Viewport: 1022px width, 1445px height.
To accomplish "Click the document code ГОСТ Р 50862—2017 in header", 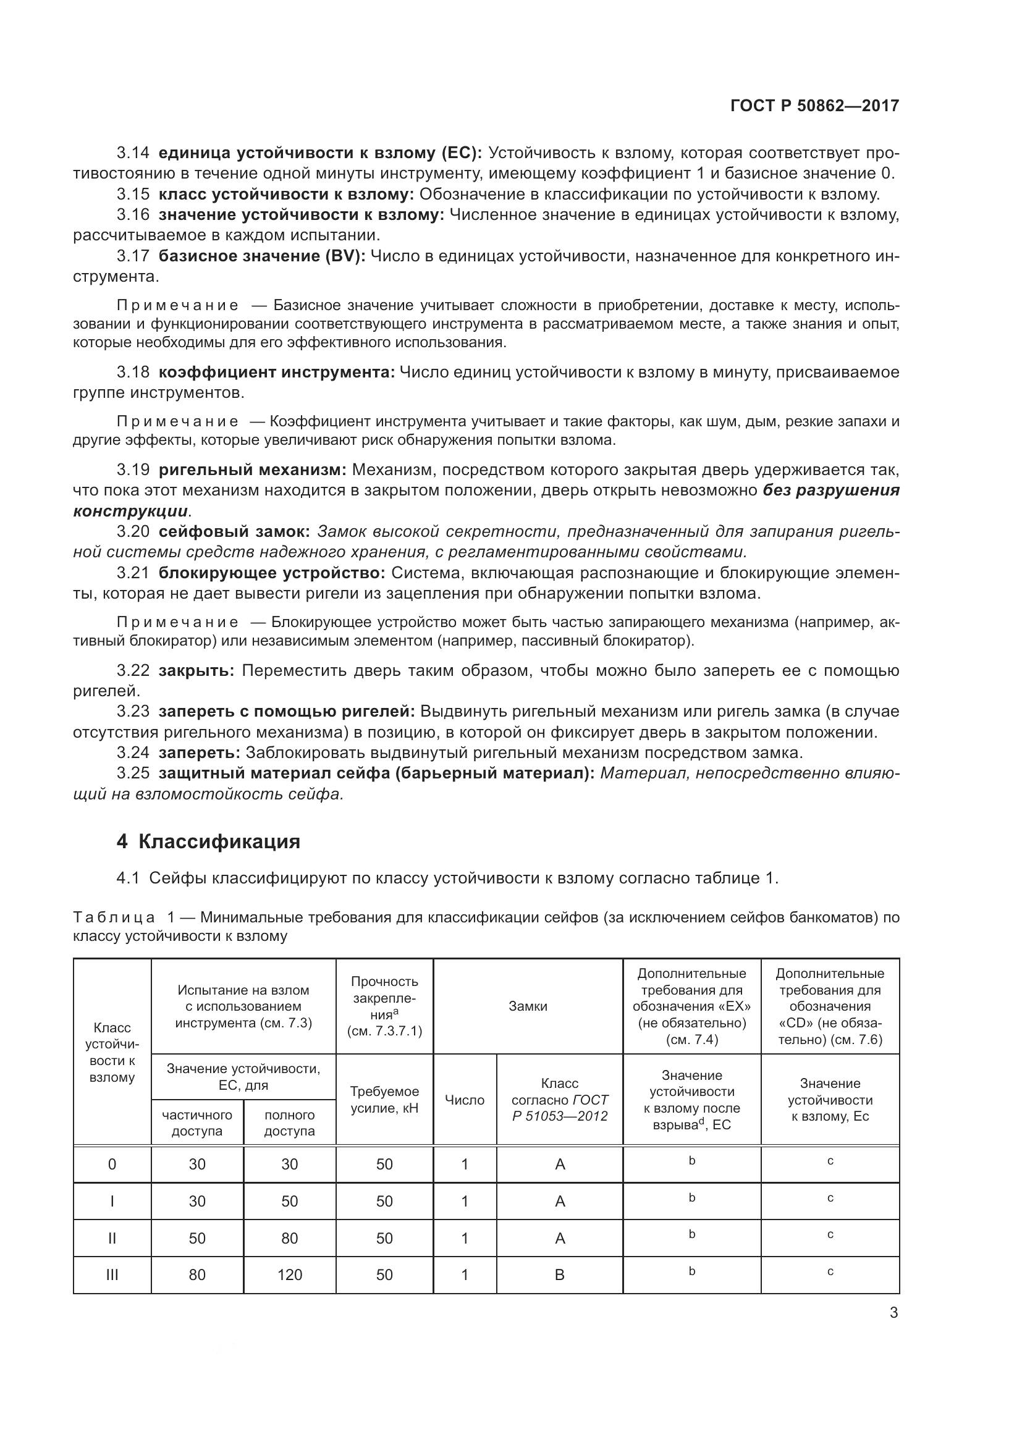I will point(814,106).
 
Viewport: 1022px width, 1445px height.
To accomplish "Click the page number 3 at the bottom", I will point(893,1313).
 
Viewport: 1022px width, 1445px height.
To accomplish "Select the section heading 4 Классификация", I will point(208,841).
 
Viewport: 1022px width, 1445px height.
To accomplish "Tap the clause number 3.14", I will point(133,153).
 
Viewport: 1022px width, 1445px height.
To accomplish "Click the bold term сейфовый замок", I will point(234,532).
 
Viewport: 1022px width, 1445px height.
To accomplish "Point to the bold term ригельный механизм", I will point(252,470).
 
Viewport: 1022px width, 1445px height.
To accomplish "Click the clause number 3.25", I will point(133,773).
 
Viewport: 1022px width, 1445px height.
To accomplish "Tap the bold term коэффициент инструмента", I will point(276,373).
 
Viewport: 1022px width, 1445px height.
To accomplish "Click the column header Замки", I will point(527,1006).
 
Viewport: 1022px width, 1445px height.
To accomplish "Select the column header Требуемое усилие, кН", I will point(384,1100).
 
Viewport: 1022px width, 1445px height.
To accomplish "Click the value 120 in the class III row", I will point(289,1274).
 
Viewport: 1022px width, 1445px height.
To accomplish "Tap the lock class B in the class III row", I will point(559,1274).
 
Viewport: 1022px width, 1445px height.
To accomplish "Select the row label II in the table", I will point(112,1238).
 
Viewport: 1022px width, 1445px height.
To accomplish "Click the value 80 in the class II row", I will point(289,1238).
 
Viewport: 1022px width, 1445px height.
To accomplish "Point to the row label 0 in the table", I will point(112,1165).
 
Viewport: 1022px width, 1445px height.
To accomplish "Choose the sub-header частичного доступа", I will point(197,1123).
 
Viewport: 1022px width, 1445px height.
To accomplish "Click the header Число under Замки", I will point(465,1100).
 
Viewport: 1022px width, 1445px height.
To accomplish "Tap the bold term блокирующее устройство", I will point(271,573).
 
